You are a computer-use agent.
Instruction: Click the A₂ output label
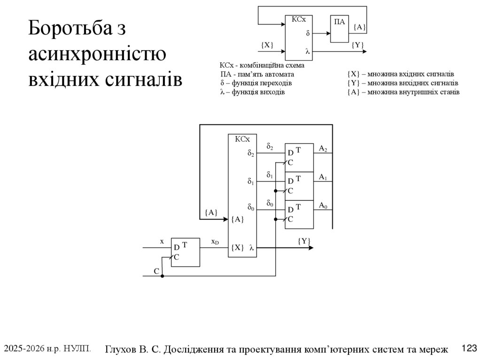click(323, 149)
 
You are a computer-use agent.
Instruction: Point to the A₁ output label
click(323, 177)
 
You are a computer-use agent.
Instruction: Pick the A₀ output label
click(323, 205)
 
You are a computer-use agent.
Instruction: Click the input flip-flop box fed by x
click(185, 252)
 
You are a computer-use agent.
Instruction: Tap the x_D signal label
click(215, 242)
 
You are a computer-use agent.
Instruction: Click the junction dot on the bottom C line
click(163, 276)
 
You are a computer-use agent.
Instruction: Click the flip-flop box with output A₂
click(299, 157)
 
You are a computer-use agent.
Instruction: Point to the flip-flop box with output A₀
click(299, 214)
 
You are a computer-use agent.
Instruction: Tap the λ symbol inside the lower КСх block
click(252, 248)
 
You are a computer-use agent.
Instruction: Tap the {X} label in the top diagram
click(267, 45)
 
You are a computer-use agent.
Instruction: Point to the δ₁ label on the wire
click(270, 175)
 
